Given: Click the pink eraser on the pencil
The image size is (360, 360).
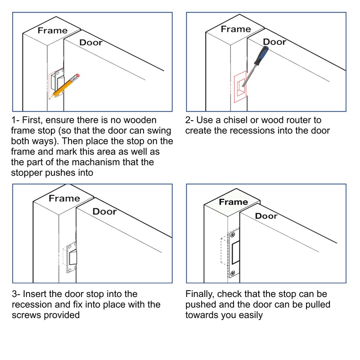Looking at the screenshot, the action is click(x=77, y=76).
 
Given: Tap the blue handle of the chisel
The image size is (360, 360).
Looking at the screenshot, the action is click(x=261, y=55).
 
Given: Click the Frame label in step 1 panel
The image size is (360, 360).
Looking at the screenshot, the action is click(x=53, y=31).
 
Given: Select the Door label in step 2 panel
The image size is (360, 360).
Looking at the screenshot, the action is click(x=274, y=42).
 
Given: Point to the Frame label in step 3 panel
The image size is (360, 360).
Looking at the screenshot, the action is click(x=64, y=198).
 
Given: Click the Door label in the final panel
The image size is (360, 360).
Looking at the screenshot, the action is click(x=266, y=216).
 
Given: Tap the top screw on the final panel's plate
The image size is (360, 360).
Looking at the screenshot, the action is click(x=233, y=235).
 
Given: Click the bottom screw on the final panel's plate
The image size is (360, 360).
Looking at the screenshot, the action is click(x=233, y=273).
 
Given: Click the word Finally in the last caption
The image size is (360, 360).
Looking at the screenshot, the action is click(x=200, y=294).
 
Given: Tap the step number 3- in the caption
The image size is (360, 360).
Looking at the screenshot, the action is click(x=16, y=294).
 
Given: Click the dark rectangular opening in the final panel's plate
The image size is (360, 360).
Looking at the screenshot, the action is click(x=236, y=253).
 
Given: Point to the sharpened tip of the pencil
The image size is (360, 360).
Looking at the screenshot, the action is click(x=49, y=99).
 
